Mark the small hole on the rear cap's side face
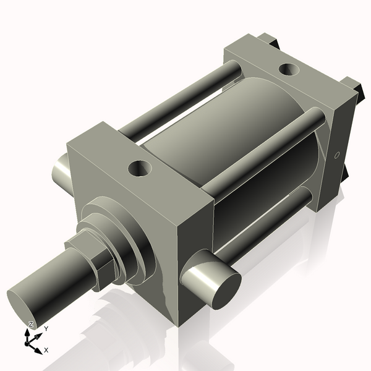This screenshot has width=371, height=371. (337, 155)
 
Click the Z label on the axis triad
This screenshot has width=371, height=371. (31, 324)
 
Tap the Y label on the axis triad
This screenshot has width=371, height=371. (45, 329)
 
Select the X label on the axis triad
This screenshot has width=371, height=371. (46, 350)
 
